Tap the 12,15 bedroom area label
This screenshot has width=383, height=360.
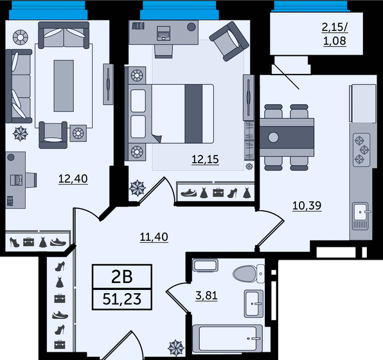coord(205,158)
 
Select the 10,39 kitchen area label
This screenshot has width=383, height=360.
coord(306,206)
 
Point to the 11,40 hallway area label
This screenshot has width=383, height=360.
coord(154,237)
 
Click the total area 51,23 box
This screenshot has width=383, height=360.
coord(122,299)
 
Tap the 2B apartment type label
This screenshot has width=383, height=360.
coord(122,278)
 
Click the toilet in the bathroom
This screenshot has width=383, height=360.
coord(249,273)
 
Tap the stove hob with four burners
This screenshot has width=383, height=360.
coord(361,149)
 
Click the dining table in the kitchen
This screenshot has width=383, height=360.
coord(287,137)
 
